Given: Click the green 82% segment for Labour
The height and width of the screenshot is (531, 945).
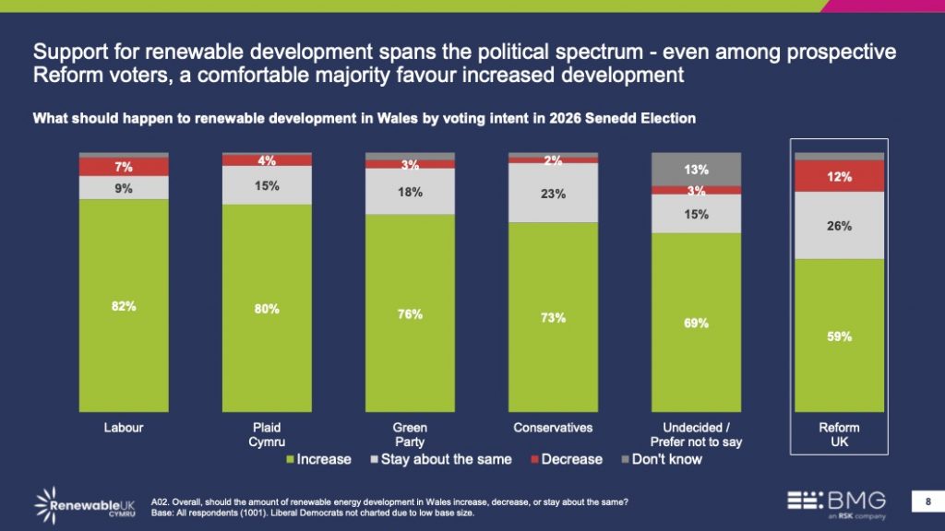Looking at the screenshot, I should click(124, 306).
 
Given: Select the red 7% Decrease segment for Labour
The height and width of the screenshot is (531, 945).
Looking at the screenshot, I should click(124, 167).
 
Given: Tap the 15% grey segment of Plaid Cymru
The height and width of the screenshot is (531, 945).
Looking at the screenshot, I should click(267, 185).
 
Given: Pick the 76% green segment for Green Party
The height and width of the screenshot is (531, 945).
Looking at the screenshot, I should click(410, 313).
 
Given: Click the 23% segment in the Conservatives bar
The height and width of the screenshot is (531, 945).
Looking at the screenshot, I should click(553, 193).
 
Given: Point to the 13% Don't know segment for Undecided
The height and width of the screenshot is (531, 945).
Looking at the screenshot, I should click(696, 170).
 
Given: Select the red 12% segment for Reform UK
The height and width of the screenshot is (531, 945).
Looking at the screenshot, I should click(839, 176).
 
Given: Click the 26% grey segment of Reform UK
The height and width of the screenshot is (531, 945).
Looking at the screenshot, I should click(839, 225).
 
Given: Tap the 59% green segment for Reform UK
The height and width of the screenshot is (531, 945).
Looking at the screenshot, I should click(839, 336).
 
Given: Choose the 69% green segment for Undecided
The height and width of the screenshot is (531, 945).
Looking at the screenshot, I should click(696, 323).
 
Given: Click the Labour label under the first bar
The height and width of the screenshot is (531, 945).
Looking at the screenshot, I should click(124, 428).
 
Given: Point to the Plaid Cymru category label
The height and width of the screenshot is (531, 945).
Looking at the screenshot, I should click(267, 434).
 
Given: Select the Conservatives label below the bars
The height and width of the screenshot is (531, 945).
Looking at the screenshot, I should click(553, 428).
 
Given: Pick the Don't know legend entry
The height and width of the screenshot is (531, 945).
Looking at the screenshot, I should click(664, 459).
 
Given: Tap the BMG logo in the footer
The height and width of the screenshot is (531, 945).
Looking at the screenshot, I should click(835, 502).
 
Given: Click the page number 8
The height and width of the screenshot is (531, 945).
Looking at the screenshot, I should click(927, 501).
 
